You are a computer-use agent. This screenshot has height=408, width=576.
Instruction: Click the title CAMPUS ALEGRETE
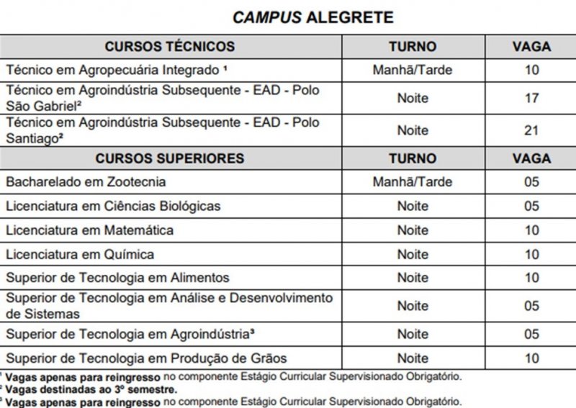pyautogui.click(x=312, y=17)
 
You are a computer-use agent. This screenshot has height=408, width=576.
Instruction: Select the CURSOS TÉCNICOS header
pyautogui.click(x=169, y=47)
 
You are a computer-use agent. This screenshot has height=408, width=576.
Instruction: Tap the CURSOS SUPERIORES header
pyautogui.click(x=169, y=158)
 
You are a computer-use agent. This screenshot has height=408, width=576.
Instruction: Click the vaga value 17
pyautogui.click(x=531, y=98)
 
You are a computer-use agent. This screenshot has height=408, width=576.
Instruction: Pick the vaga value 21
pyautogui.click(x=531, y=130)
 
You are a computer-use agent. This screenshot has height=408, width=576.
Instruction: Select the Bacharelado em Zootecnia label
pyautogui.click(x=86, y=182)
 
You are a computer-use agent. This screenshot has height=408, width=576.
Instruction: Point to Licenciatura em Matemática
pyautogui.click(x=89, y=230)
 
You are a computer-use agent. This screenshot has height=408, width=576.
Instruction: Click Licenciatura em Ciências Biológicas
pyautogui.click(x=113, y=207)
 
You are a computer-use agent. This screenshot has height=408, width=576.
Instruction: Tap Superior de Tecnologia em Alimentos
pyautogui.click(x=117, y=278)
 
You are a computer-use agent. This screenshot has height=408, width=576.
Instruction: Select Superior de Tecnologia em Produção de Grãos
pyautogui.click(x=146, y=358)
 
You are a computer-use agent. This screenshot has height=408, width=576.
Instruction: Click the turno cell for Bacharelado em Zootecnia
pyautogui.click(x=413, y=182)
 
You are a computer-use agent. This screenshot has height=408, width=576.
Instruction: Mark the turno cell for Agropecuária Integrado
pyautogui.click(x=413, y=71)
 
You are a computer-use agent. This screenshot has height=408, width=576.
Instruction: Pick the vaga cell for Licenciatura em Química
pyautogui.click(x=531, y=254)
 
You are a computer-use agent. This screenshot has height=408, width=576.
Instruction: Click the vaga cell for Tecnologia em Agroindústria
pyautogui.click(x=531, y=334)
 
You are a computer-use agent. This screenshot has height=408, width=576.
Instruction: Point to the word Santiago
pyautogui.click(x=31, y=138)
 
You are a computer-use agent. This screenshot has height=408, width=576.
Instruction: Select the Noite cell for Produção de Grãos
pyautogui.click(x=413, y=358)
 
